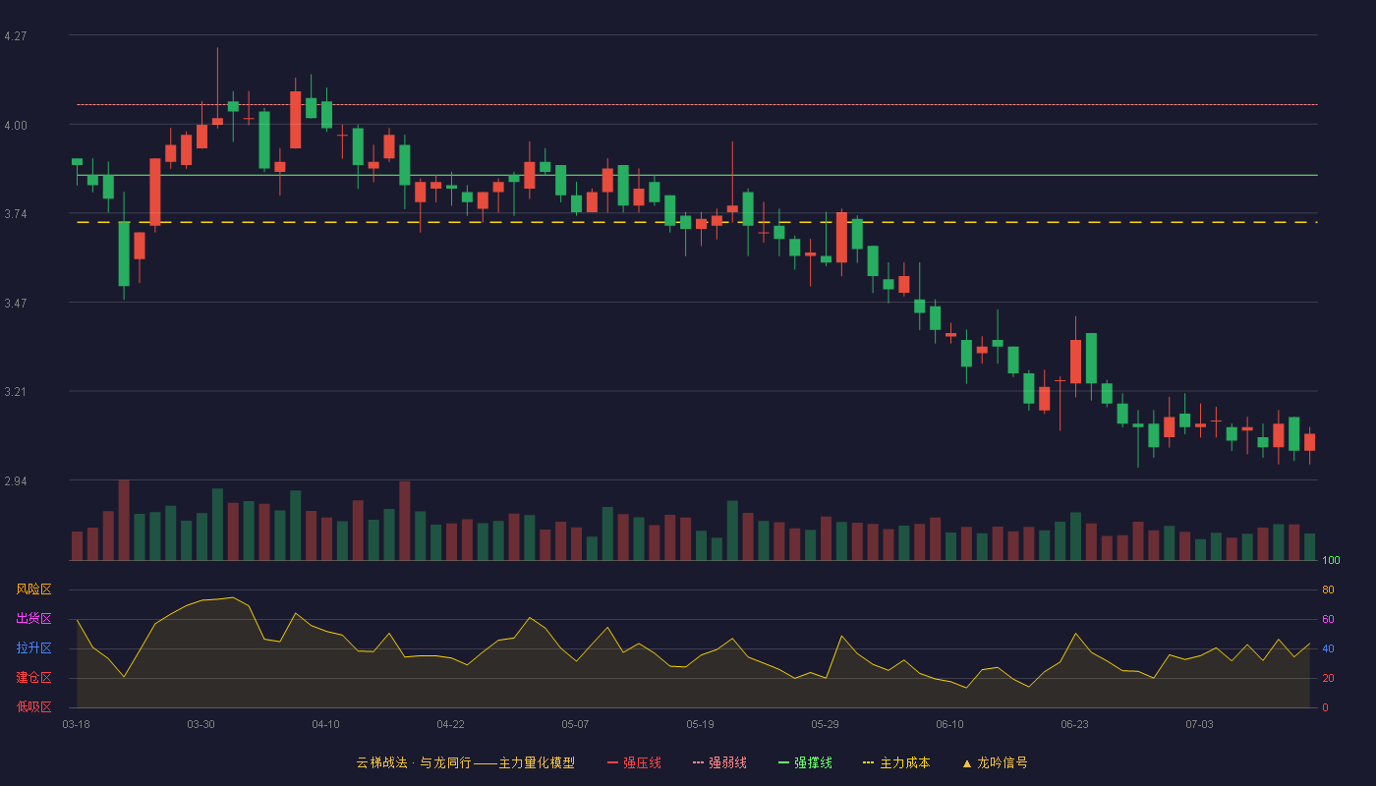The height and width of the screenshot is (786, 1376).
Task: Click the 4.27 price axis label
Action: (16, 36)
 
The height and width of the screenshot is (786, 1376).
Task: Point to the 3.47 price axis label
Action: (16, 304)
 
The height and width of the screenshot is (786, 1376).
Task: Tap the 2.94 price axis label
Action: (16, 481)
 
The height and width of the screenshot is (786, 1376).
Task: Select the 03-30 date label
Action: (201, 725)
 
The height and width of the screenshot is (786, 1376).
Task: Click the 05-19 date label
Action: (700, 725)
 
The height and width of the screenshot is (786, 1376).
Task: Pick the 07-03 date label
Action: (1200, 725)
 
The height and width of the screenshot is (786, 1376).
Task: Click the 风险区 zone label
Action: (33, 589)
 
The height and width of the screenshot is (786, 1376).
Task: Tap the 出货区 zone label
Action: (33, 618)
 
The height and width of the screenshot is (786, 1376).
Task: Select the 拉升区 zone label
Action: (33, 647)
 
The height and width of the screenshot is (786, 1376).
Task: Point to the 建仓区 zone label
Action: (33, 677)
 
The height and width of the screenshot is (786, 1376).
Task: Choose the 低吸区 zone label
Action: (33, 706)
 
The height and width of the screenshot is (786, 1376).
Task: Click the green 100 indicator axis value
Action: (1331, 560)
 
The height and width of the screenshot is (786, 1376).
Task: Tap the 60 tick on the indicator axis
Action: (1328, 619)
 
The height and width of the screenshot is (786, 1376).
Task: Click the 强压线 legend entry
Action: (634, 762)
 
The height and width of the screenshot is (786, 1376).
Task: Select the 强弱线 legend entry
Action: (719, 762)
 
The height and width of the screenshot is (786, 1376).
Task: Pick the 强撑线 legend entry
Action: (805, 762)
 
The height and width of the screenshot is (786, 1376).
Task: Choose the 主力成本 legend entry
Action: (896, 762)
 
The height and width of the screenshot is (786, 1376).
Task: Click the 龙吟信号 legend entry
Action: (995, 762)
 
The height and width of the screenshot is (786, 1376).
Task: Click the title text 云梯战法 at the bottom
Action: (381, 762)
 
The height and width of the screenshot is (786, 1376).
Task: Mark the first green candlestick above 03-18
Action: (77, 162)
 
